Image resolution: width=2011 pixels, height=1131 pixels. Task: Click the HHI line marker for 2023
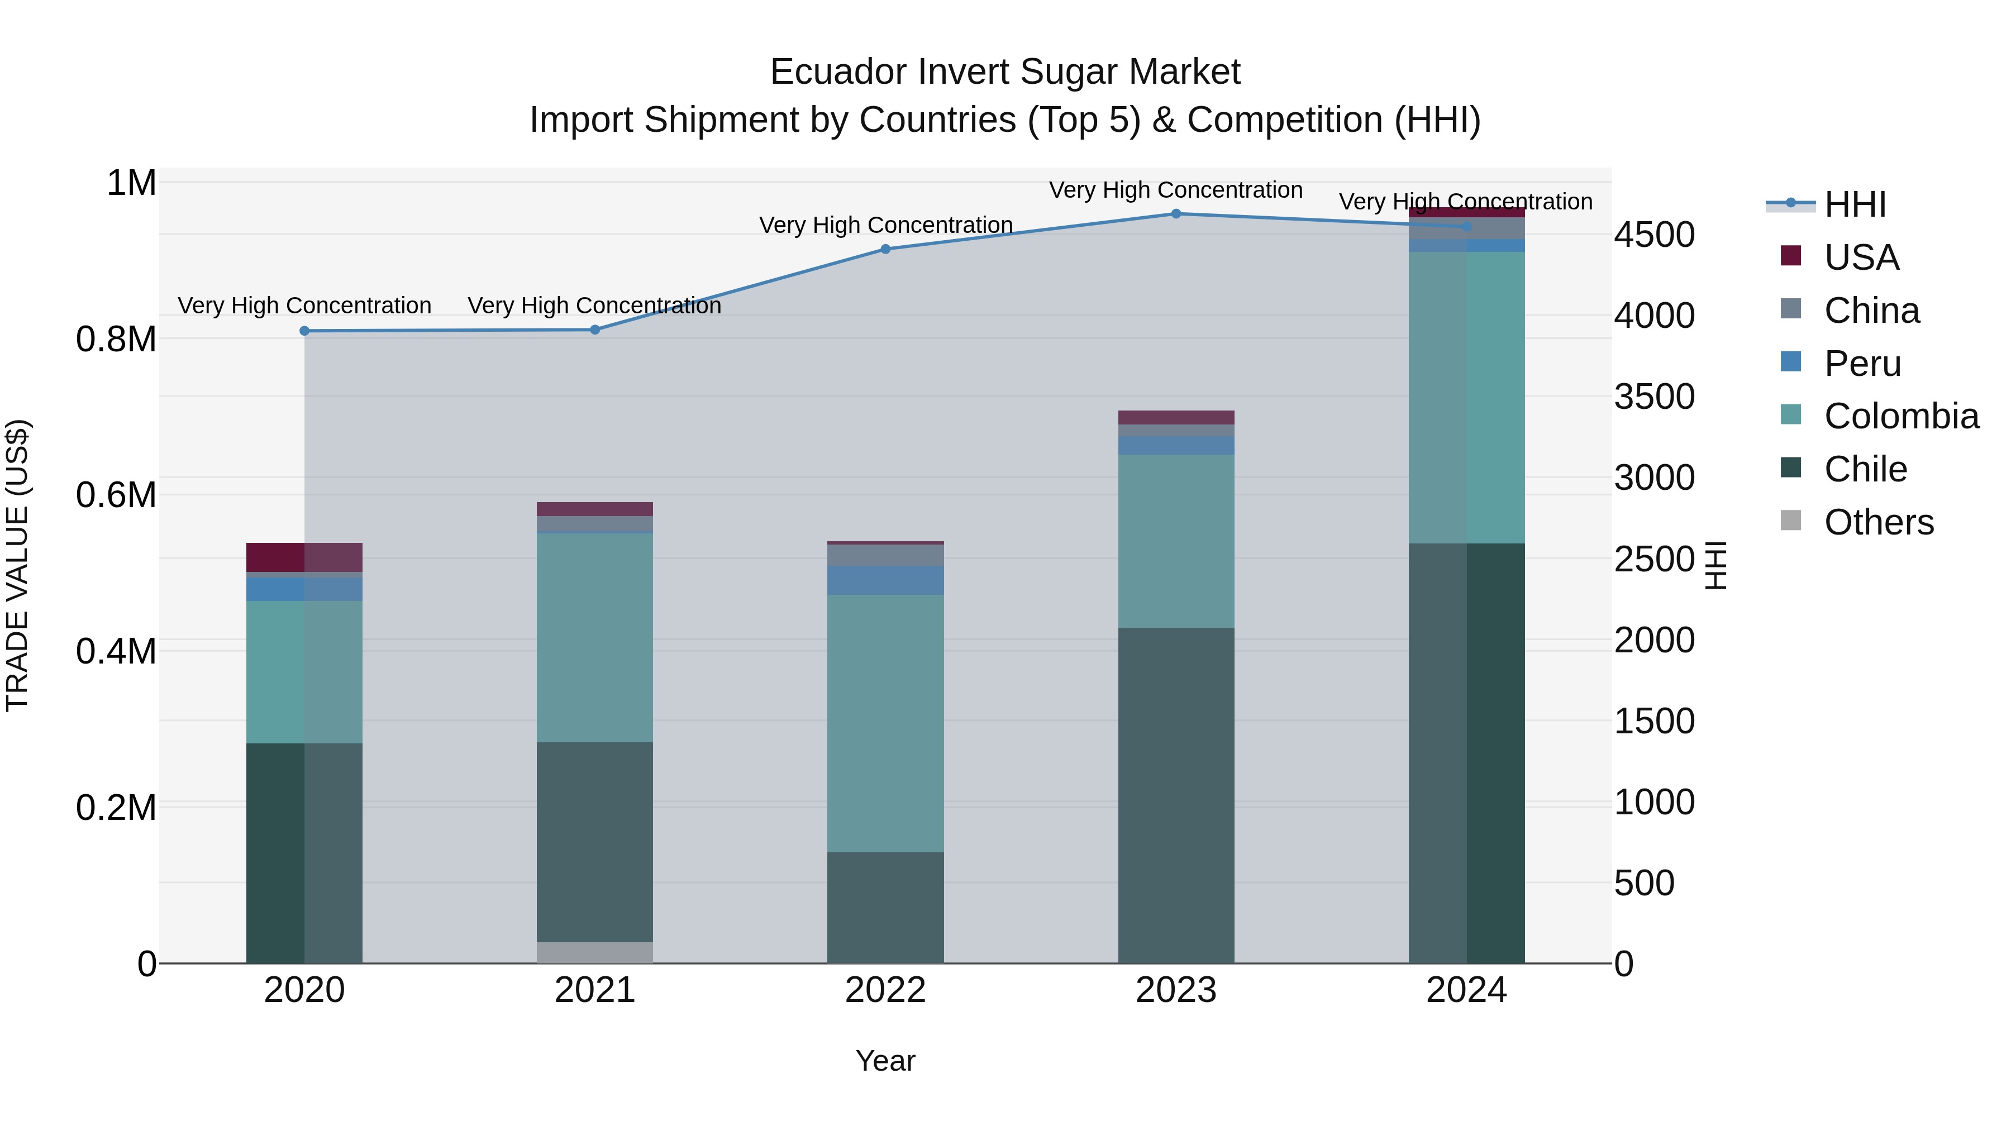click(1176, 214)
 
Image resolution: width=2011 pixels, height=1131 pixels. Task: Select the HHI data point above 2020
click(304, 331)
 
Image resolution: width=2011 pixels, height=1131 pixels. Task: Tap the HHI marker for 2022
click(885, 250)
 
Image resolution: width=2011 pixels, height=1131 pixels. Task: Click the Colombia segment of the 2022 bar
click(885, 723)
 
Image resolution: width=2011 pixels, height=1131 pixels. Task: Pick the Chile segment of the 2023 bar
click(1176, 795)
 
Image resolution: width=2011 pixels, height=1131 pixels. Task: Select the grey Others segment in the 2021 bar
click(595, 952)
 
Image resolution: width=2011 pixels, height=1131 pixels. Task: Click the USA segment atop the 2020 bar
click(304, 557)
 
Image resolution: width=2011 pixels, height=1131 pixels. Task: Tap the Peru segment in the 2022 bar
click(885, 580)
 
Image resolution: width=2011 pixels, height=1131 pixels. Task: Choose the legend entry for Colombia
click(1901, 416)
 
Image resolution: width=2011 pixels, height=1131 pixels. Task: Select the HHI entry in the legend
click(1854, 204)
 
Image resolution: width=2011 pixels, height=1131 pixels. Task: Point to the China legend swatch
click(1791, 309)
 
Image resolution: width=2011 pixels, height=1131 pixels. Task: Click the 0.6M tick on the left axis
click(116, 495)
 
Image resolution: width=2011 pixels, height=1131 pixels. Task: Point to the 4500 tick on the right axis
click(1654, 235)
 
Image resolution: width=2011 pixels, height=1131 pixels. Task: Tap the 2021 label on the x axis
click(595, 990)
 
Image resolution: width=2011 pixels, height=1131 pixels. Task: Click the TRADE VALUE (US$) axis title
click(17, 565)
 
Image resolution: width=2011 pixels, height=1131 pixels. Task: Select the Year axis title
click(885, 1061)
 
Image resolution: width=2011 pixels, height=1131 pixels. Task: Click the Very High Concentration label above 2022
click(885, 225)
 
